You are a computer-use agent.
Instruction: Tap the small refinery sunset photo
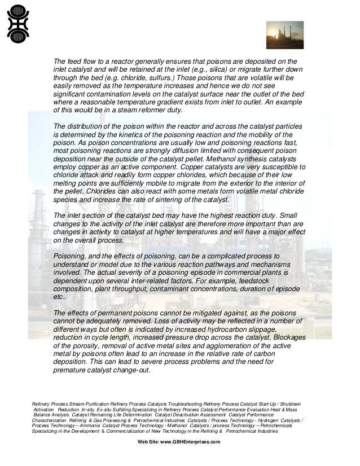(x=284, y=35)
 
